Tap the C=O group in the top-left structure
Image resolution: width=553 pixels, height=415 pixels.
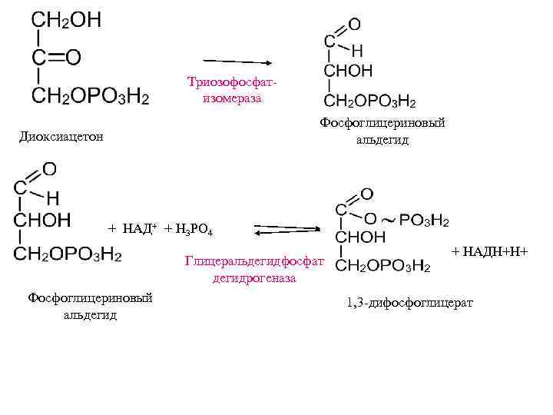coord(56,58)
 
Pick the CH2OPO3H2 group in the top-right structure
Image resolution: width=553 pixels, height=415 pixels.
coord(369,101)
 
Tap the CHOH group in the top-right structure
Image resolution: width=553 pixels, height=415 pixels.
coord(348,71)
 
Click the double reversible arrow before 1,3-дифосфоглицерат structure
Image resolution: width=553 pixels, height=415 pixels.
coord(286,230)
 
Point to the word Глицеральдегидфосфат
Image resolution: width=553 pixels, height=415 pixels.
coord(254,262)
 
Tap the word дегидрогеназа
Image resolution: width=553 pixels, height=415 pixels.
coord(254,278)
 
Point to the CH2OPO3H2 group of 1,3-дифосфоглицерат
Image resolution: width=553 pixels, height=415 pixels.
coord(383,266)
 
